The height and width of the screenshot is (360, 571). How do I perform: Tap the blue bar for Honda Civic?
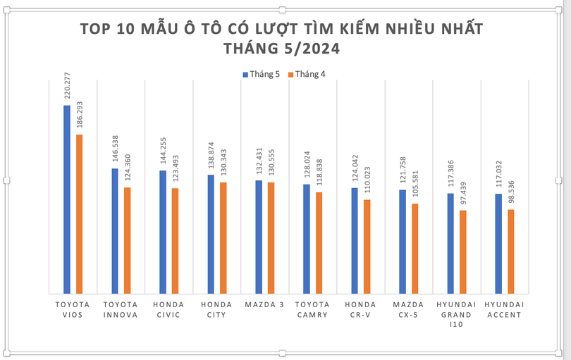(163, 232)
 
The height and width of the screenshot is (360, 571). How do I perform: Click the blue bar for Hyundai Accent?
(498, 244)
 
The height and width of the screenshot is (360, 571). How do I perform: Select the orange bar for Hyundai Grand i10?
(462, 252)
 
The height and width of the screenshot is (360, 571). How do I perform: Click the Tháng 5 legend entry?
(262, 74)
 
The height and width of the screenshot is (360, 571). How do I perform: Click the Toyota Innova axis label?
(121, 309)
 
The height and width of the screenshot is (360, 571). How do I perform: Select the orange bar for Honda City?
(223, 238)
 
